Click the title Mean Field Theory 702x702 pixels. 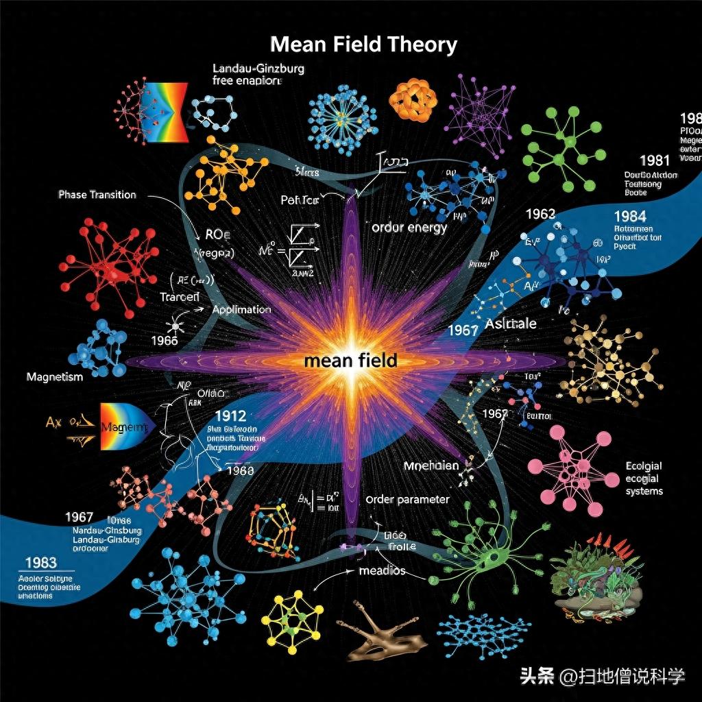pyautogui.click(x=363, y=45)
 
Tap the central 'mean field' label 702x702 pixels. pyautogui.click(x=351, y=361)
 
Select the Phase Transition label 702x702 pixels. pyautogui.click(x=97, y=195)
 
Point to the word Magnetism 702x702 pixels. pyautogui.click(x=55, y=377)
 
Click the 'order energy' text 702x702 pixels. pyautogui.click(x=409, y=228)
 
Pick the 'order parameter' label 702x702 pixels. pyautogui.click(x=408, y=499)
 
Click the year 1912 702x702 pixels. pyautogui.click(x=230, y=415)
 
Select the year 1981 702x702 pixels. pyautogui.click(x=654, y=160)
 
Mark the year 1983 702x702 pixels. pyautogui.click(x=40, y=563)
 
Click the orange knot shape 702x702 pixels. pyautogui.click(x=413, y=101)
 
